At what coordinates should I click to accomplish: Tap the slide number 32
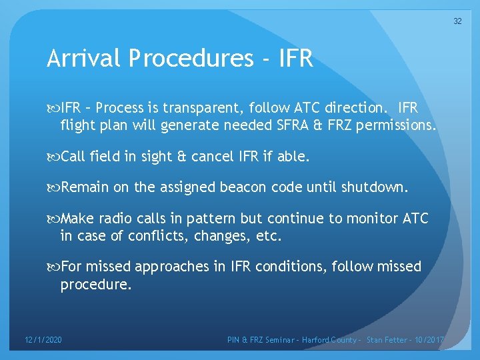coord(457,21)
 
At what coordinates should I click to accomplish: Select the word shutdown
coord(374,187)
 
